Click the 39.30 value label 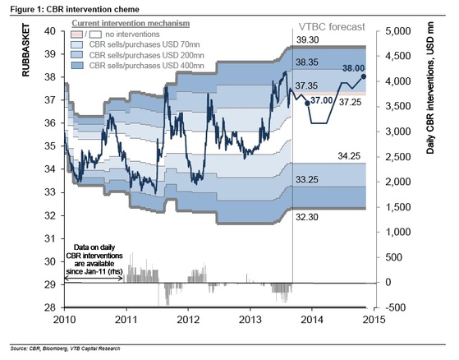pyautogui.click(x=307, y=39)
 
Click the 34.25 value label pyautogui.click(x=351, y=155)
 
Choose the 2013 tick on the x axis pyautogui.click(x=250, y=319)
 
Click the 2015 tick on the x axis pyautogui.click(x=374, y=319)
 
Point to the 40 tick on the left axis pyautogui.click(x=49, y=30)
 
